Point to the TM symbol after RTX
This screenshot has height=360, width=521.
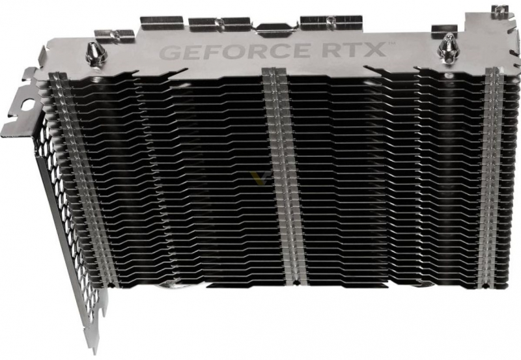pyautogui.click(x=389, y=43)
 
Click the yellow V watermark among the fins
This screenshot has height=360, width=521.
pyautogui.click(x=256, y=178)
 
